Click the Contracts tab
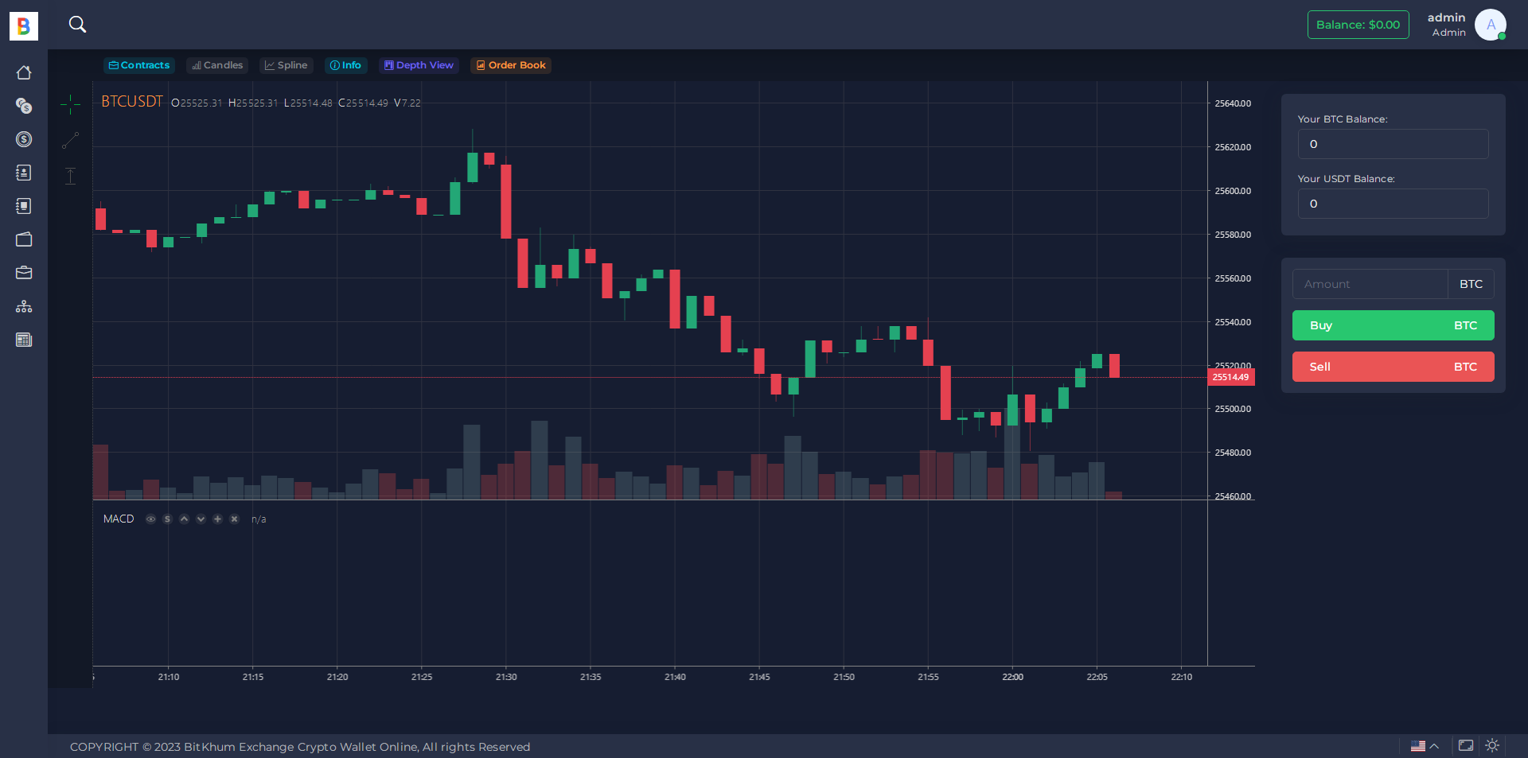point(139,65)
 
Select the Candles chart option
point(217,65)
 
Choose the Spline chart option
point(286,65)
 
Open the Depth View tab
point(419,65)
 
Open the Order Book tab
point(511,65)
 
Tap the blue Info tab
point(345,65)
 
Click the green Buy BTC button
point(1393,325)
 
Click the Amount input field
point(1370,284)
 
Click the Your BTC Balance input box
point(1393,144)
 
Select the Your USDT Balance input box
point(1393,204)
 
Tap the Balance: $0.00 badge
point(1358,25)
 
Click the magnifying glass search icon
point(77,25)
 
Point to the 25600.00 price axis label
point(1233,191)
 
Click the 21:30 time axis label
point(506,677)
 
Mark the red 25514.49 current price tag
point(1230,377)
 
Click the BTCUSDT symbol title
point(132,102)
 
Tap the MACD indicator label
point(119,519)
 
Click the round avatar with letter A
point(1490,25)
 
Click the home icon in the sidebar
point(24,72)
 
